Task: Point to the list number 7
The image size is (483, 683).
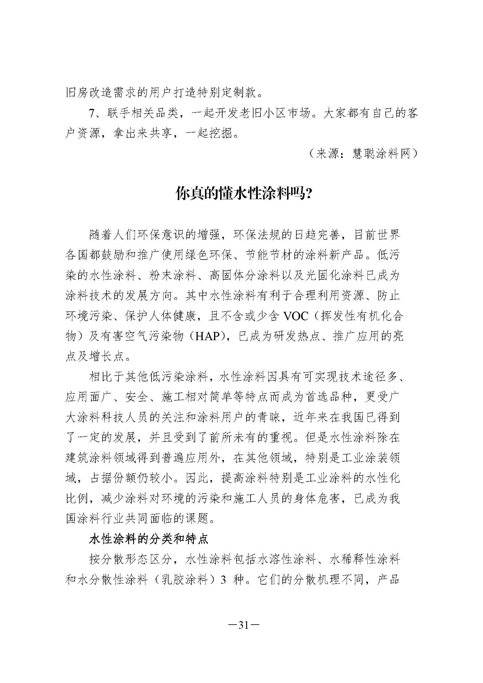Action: point(91,113)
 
